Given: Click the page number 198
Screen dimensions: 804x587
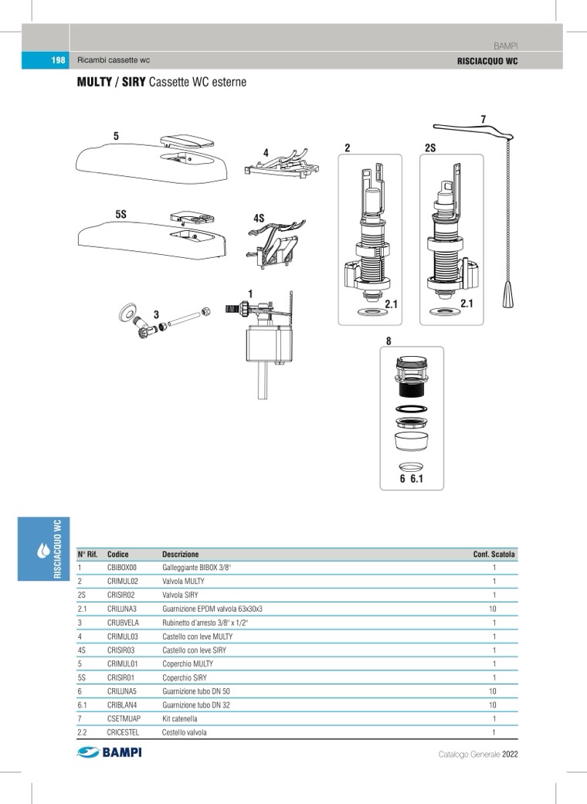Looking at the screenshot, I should pos(57,60).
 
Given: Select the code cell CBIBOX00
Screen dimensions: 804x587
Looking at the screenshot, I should pos(122,568).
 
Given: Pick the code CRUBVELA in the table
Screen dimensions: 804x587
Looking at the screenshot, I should pos(123,623).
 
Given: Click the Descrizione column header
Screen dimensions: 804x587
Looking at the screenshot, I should pos(180,555).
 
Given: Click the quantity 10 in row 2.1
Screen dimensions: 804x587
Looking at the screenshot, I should pos(492,609).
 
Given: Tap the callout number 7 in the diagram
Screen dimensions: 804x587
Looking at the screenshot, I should pos(483,120).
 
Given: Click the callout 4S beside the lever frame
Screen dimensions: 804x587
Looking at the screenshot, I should pos(259,219).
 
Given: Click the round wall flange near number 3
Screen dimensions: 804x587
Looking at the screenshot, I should pos(127,313).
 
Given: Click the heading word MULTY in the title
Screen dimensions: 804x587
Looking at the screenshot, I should pos(93,82).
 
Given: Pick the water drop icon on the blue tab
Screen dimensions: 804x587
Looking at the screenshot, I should pos(43,551).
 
